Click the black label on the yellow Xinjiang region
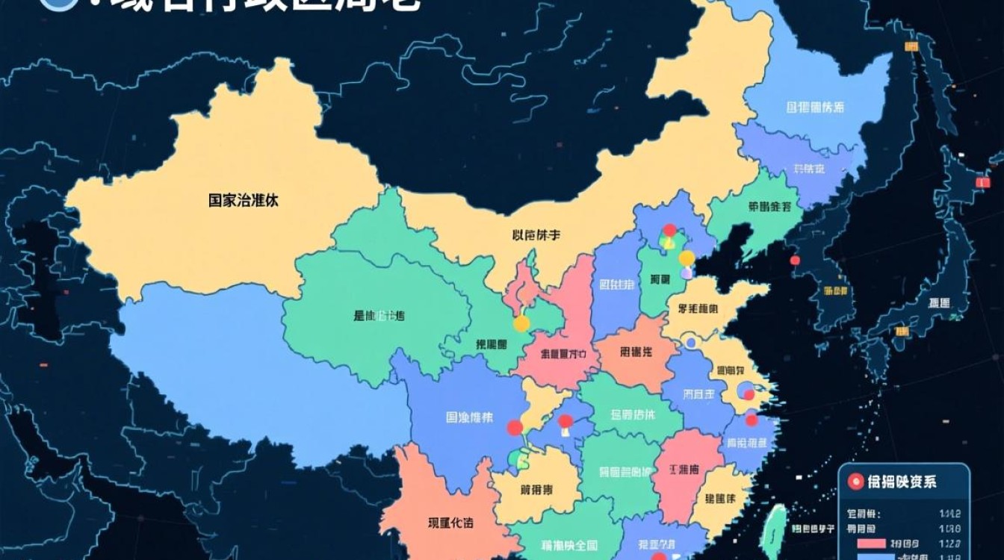click(244, 200)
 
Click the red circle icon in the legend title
click(855, 482)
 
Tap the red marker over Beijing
click(669, 230)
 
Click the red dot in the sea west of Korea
click(795, 260)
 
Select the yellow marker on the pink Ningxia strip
click(521, 323)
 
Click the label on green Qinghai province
click(379, 316)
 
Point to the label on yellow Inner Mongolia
click(536, 235)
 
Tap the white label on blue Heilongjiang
click(815, 108)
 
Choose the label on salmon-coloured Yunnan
click(450, 523)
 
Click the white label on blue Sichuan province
click(469, 417)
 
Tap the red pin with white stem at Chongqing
click(565, 422)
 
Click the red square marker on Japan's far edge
click(983, 181)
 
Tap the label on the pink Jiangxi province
click(684, 470)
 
